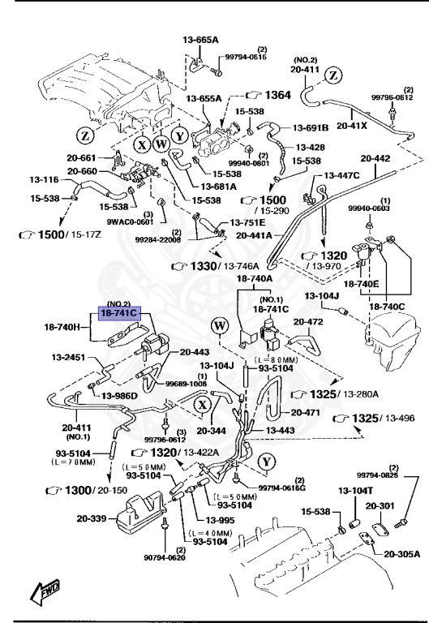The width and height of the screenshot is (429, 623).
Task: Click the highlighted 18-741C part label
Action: click(x=119, y=311)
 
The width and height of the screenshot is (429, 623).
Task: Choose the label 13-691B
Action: click(x=311, y=127)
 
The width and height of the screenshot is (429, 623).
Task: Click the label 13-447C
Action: click(x=344, y=175)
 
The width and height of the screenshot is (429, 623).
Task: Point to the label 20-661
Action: click(x=83, y=158)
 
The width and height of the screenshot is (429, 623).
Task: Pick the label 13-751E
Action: click(x=247, y=221)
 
